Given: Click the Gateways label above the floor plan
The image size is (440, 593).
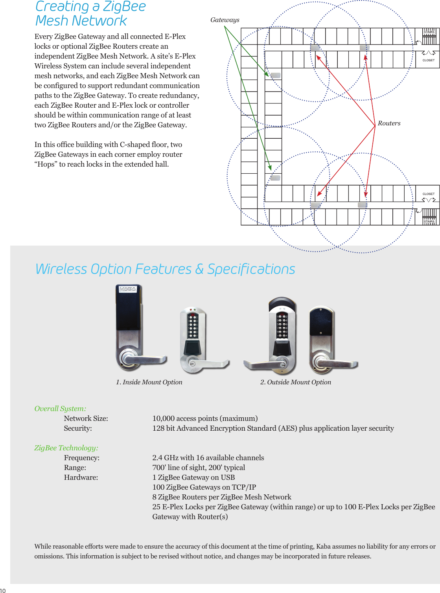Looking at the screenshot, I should (x=225, y=20).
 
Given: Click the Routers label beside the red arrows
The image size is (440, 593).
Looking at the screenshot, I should (x=389, y=123).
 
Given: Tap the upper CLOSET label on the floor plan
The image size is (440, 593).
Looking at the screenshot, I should (x=428, y=60).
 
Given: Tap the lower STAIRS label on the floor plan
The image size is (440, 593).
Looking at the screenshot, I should (x=429, y=222).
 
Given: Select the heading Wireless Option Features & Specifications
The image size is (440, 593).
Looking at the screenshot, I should (x=165, y=269).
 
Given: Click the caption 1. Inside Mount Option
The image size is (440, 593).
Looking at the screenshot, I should (x=149, y=382).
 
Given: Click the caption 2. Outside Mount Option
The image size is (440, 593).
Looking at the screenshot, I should (x=296, y=382).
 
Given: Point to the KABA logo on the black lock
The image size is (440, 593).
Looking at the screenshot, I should (x=128, y=289).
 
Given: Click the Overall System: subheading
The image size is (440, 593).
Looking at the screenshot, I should (x=60, y=409).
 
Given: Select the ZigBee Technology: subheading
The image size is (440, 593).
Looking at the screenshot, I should (x=66, y=448).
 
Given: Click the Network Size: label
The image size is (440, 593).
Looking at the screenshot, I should (x=86, y=419).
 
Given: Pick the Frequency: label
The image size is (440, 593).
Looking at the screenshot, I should (x=81, y=458).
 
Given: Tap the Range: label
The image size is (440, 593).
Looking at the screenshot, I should (x=75, y=468).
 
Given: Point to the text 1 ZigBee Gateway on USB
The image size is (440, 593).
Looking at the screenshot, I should (x=193, y=477).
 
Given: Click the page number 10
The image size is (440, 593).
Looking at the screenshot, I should (x=3, y=590).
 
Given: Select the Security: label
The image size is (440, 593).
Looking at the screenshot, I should (x=78, y=428).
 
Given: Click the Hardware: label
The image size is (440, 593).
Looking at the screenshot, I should (x=81, y=477).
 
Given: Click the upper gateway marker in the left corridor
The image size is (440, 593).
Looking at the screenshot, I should (x=275, y=75).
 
